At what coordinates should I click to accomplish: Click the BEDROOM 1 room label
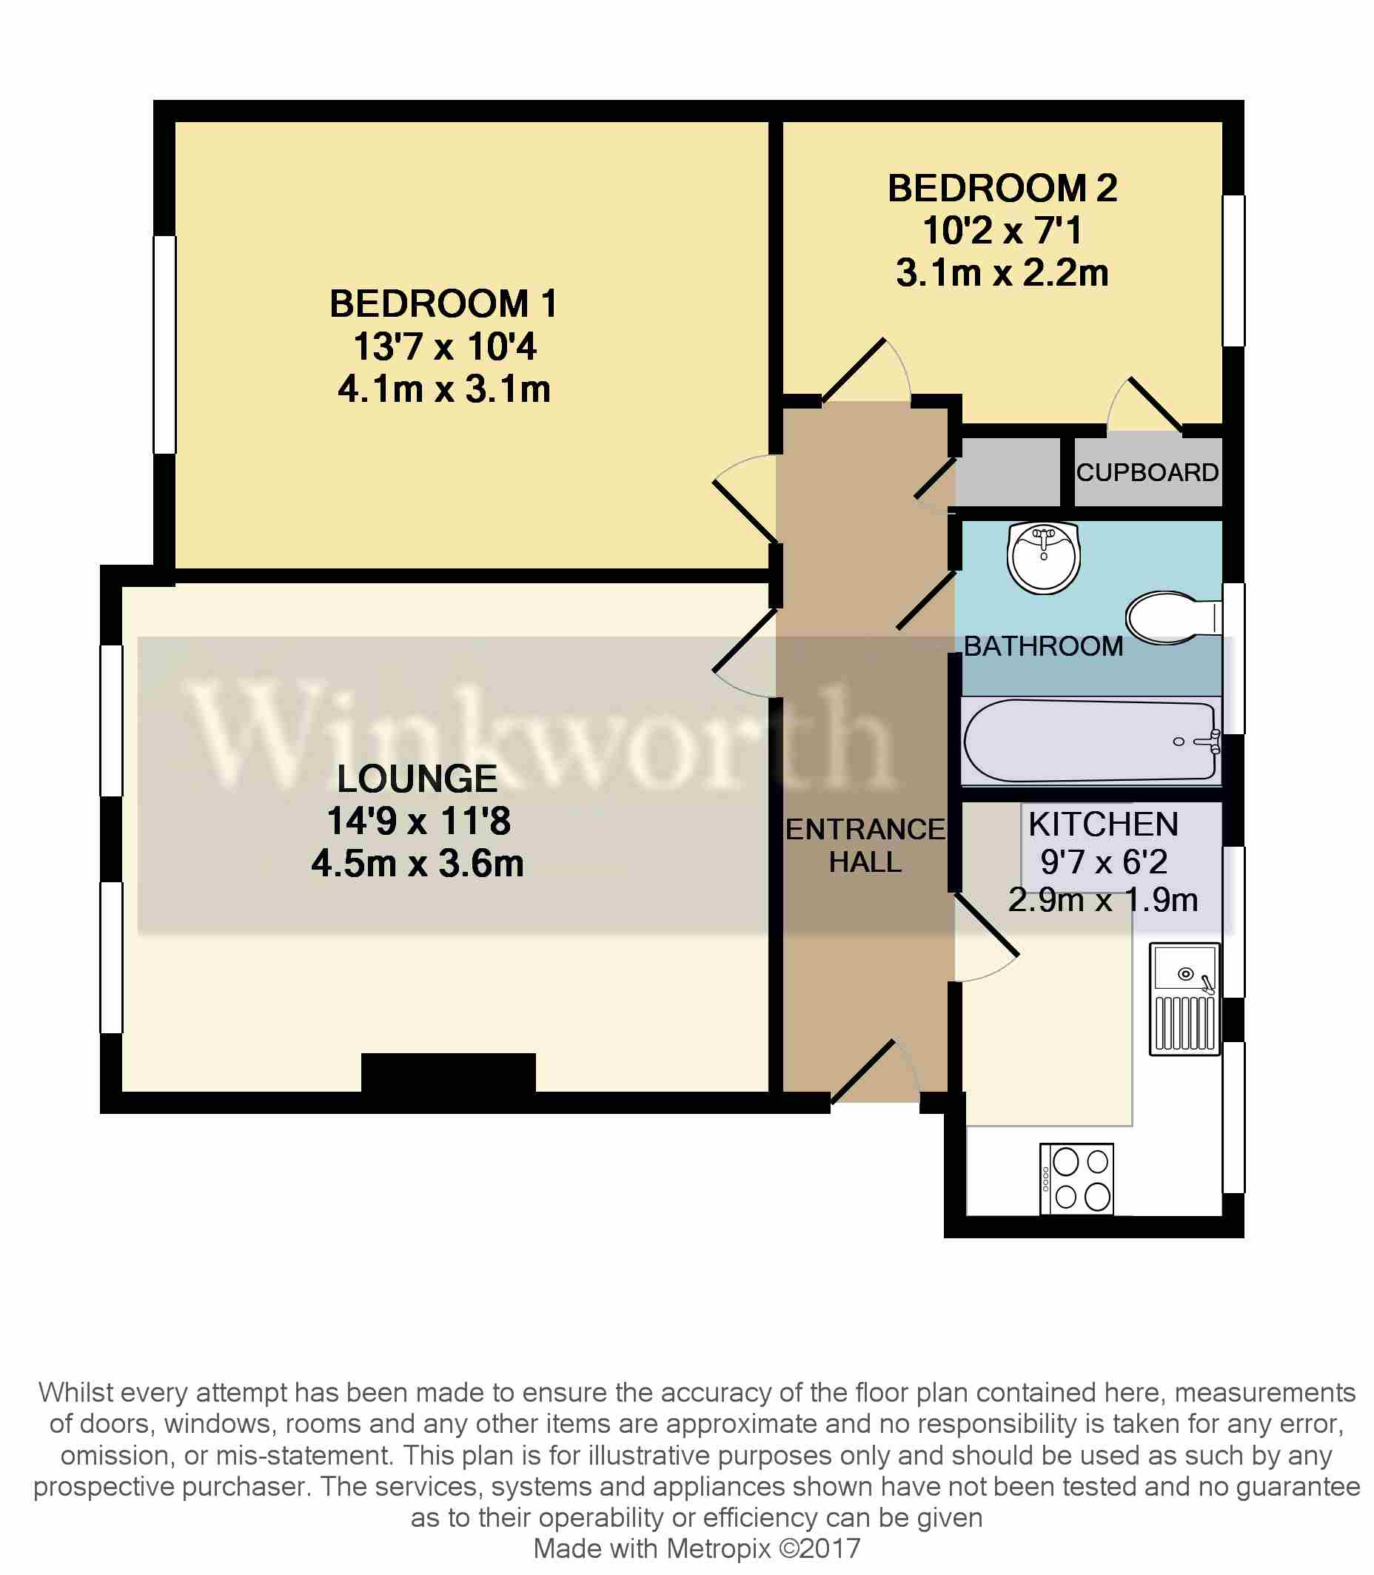coord(443,304)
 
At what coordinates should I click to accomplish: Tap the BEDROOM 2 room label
coord(1002,189)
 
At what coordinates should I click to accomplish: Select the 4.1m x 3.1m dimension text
coord(444,389)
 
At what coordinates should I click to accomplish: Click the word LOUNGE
coord(418,779)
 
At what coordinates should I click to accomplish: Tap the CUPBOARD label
coord(1147,472)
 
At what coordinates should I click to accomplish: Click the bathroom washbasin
coord(1044,557)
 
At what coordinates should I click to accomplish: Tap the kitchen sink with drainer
coord(1184,998)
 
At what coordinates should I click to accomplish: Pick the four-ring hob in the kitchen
coord(1076,1179)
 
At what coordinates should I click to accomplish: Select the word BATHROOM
coord(1043,646)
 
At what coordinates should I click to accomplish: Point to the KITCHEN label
coord(1103,825)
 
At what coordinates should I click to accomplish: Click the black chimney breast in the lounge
coord(448,1073)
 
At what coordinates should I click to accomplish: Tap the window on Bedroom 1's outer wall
coord(165,344)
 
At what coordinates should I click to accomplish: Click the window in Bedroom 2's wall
coord(1233,271)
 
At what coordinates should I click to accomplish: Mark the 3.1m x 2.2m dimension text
coord(1002,274)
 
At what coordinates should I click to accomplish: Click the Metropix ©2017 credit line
coord(697,1548)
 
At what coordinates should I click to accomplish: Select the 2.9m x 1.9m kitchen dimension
coord(1102,900)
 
